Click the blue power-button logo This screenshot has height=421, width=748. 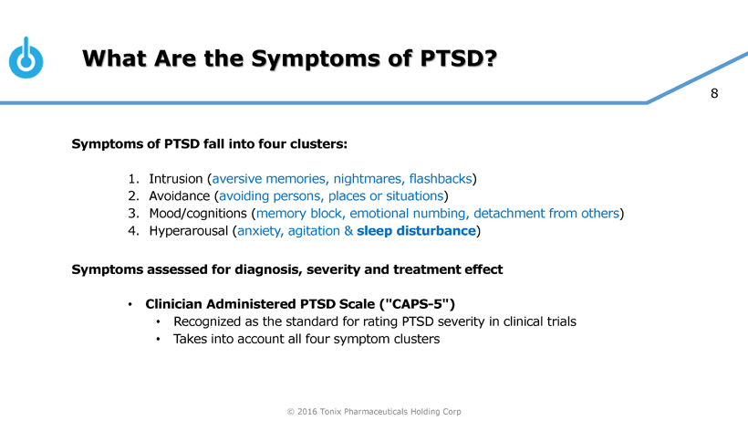coord(26,58)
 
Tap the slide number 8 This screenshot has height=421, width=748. coord(714,93)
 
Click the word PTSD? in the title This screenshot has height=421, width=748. coord(459,58)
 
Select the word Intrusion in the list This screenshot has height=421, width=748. coord(175,178)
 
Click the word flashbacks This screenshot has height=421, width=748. coord(441,178)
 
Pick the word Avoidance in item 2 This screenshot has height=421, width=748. coord(180,195)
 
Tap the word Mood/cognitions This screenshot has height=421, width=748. coord(198,214)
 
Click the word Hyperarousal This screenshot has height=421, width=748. coord(189,231)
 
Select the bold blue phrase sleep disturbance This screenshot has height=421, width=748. coord(416,230)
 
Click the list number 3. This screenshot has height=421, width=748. coord(133,214)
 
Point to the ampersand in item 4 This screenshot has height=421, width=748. coord(348,230)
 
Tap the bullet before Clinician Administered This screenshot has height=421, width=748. coord(130,304)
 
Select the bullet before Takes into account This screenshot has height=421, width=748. coord(158,340)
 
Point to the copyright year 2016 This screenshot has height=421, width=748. coord(307,412)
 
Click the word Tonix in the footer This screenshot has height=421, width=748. coord(330,412)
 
